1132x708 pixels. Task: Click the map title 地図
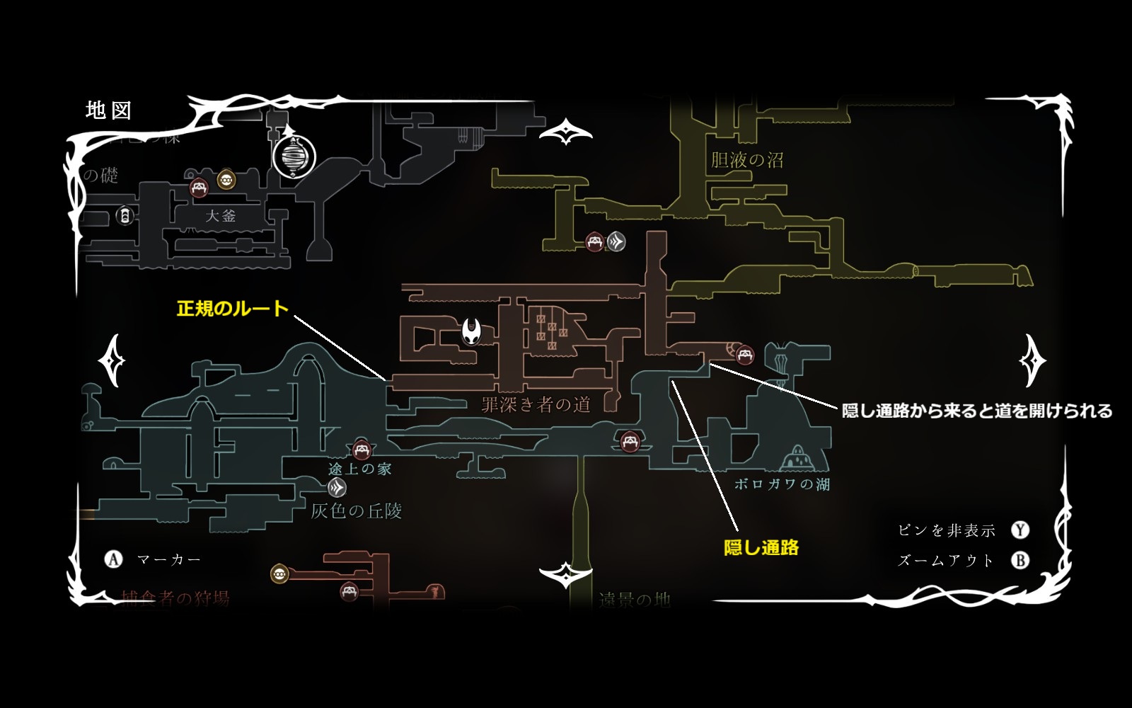(x=108, y=110)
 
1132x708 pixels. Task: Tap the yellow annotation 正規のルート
(x=233, y=309)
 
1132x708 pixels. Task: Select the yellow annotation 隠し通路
(x=761, y=547)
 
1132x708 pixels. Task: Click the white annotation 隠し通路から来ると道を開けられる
(x=977, y=411)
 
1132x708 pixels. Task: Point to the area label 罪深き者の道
(x=536, y=404)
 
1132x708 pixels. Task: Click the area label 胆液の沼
(x=746, y=160)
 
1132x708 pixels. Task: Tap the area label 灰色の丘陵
(x=357, y=510)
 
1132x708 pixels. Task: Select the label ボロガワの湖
(x=782, y=484)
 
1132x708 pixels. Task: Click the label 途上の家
(x=359, y=469)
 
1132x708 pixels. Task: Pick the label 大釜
(x=220, y=215)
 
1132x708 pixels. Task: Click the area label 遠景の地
(x=634, y=600)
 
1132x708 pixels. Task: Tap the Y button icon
(x=1020, y=530)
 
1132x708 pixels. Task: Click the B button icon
(x=1020, y=561)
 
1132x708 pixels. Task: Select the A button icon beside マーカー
(x=113, y=559)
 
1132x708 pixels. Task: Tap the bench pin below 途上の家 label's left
(x=362, y=450)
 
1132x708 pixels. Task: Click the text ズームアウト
(x=946, y=561)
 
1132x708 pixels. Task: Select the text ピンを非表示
(x=946, y=530)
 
